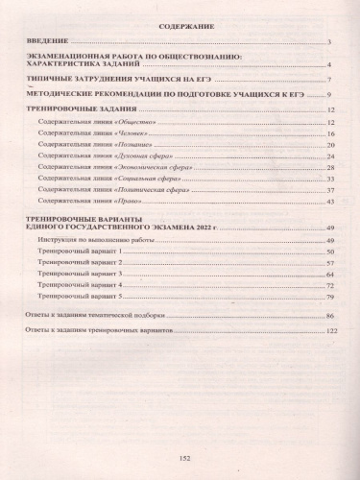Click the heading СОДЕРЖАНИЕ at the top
pos(180,28)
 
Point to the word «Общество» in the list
pos(134,126)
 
